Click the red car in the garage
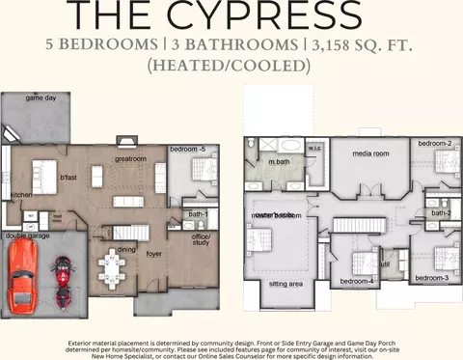pos(23,277)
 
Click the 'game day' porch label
pos(41,98)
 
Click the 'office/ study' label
pos(201,238)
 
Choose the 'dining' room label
pos(126,249)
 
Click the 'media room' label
pos(369,153)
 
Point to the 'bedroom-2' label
pos(435,144)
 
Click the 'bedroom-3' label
pos(431,278)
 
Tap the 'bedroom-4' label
pos(356,281)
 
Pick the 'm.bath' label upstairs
pos(279,161)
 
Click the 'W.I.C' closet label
pos(314,149)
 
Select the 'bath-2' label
pos(441,212)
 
